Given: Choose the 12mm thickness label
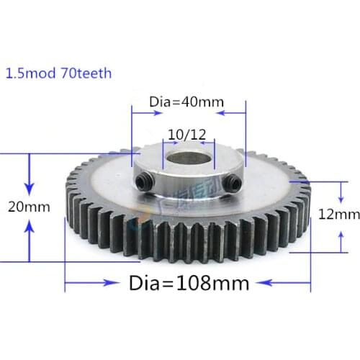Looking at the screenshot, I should (x=338, y=215).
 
